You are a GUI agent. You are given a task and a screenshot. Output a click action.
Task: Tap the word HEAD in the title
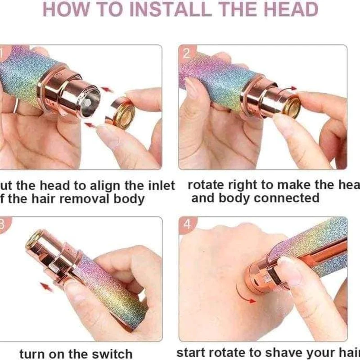(x=289, y=9)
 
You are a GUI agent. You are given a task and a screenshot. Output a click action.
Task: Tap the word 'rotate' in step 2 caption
(x=208, y=185)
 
